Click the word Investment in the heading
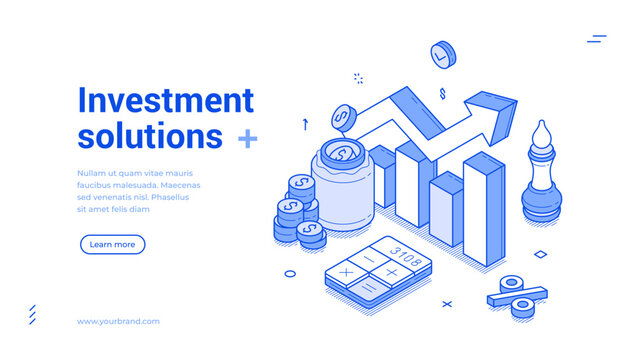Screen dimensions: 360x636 [x=165, y=100]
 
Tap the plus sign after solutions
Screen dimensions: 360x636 [x=247, y=138]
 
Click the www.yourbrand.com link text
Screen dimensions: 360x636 [x=118, y=321]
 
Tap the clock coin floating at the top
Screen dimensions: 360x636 [x=441, y=54]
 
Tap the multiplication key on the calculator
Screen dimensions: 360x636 [x=346, y=271]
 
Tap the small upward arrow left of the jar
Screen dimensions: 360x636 [x=304, y=124]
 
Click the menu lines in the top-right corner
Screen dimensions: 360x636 [x=597, y=39]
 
